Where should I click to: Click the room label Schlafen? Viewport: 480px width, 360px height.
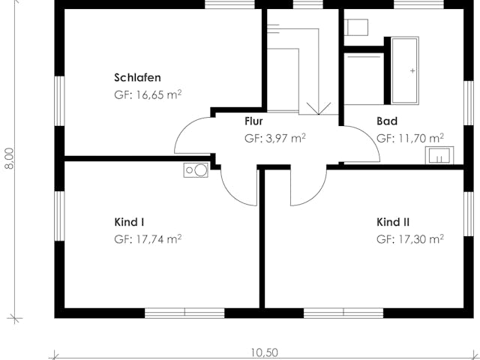(x=138, y=77)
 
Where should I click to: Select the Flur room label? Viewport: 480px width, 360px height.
(x=253, y=121)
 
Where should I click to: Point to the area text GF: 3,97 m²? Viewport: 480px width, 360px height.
(x=274, y=138)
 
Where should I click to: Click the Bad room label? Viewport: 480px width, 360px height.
(x=387, y=121)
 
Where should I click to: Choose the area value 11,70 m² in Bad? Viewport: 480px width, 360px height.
(x=410, y=138)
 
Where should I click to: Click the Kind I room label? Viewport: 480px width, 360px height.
(x=129, y=222)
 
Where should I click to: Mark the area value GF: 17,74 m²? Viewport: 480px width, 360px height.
(x=148, y=239)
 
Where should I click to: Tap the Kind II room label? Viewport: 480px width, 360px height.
(x=393, y=222)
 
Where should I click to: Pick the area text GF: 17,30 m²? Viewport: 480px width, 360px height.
(x=410, y=239)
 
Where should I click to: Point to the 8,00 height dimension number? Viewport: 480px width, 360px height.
(x=9, y=159)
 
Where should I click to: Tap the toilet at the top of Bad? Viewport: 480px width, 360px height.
(x=356, y=28)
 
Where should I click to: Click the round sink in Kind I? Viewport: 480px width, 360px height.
(x=195, y=170)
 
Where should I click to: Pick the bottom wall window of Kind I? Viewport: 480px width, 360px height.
(x=184, y=312)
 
